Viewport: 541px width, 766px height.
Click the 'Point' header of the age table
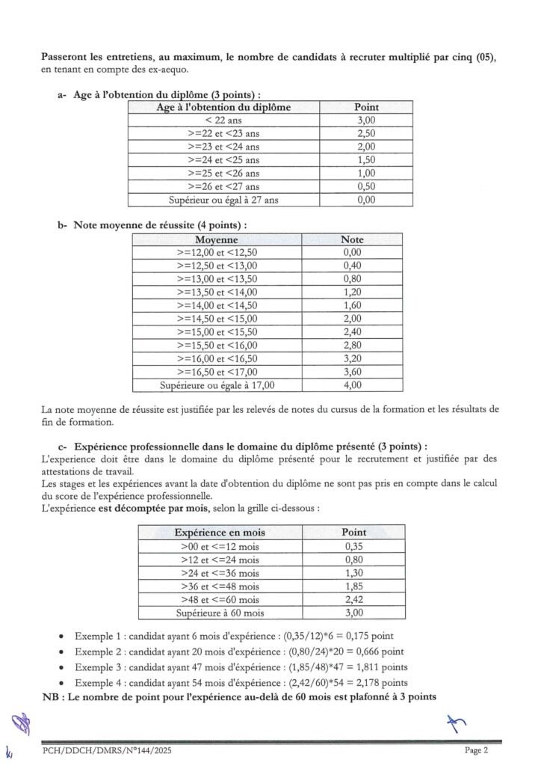[x=366, y=107]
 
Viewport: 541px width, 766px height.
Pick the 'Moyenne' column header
[x=217, y=239]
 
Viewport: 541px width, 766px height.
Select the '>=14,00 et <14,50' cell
[x=217, y=305]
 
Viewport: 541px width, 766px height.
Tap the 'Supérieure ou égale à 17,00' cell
[x=217, y=385]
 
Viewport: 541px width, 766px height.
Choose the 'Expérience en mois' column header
[x=220, y=532]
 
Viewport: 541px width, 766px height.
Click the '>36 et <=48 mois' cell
[x=220, y=586]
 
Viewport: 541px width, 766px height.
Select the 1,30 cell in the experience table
[x=353, y=573]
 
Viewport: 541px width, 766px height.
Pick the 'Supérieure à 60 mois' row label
[x=220, y=613]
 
